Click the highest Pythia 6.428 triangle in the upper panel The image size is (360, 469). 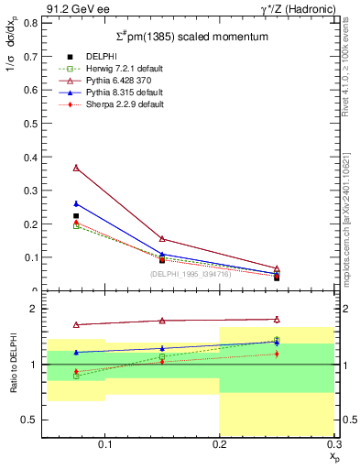tap(76, 168)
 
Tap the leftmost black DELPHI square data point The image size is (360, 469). tap(76, 216)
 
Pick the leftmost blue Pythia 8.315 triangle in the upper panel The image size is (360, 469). tap(76, 203)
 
